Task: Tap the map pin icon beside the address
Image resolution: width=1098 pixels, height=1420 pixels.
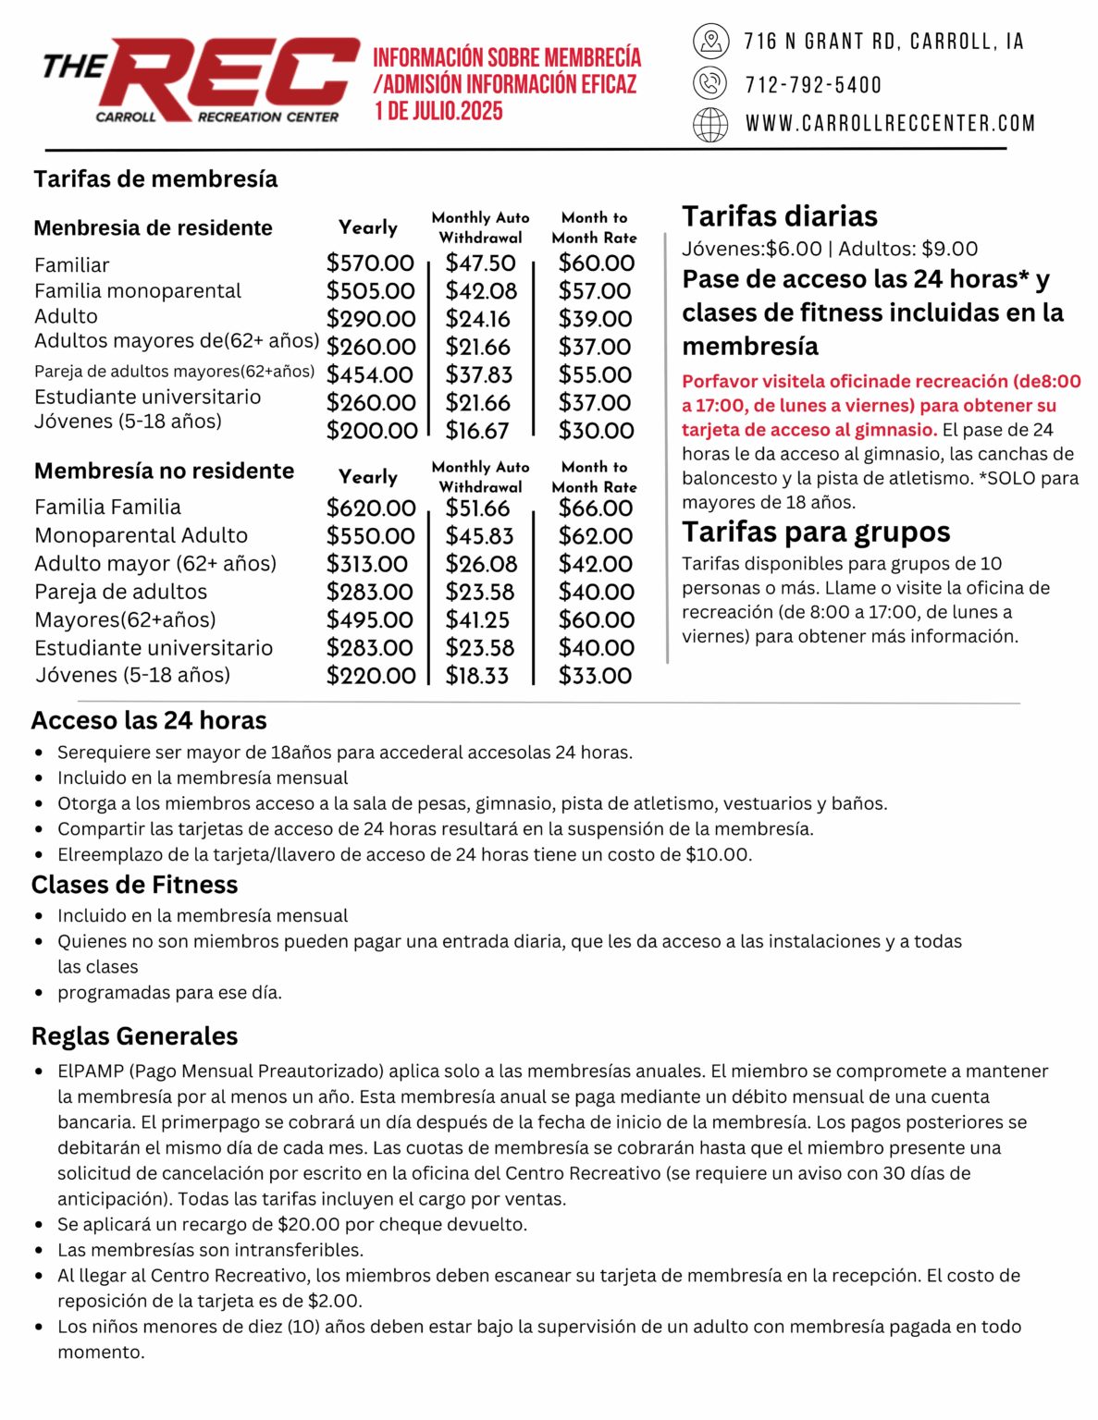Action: point(710,41)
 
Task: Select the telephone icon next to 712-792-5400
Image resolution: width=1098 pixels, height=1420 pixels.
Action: point(710,83)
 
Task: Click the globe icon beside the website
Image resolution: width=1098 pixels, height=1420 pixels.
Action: point(710,124)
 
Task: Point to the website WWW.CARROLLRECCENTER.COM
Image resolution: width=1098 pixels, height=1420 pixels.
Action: point(890,124)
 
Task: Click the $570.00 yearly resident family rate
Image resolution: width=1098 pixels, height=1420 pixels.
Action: point(370,263)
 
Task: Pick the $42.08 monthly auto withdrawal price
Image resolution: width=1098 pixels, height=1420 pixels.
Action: point(481,291)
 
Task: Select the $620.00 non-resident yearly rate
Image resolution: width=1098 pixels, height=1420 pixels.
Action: point(371,508)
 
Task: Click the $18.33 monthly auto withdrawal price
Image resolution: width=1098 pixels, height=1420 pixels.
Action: point(477,676)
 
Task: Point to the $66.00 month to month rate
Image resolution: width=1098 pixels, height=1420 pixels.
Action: point(596,508)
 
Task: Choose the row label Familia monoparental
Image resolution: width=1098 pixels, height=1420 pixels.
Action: point(138,291)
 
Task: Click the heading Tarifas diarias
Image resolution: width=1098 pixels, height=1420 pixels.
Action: point(780,216)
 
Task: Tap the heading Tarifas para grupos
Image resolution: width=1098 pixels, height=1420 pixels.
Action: point(816,532)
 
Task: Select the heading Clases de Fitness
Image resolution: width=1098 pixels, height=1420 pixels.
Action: point(134,885)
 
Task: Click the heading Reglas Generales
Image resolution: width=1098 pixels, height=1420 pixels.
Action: point(134,1036)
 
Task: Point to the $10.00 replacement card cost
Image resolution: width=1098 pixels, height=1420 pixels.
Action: point(717,854)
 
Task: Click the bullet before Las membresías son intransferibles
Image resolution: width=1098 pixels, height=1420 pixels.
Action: point(39,1251)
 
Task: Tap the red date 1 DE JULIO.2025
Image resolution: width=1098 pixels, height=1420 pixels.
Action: point(438,112)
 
